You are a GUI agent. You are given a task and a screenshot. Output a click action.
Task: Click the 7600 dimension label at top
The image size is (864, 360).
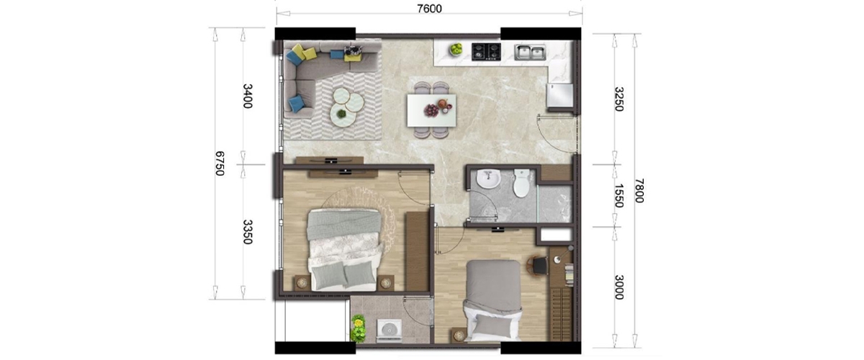coord(429,9)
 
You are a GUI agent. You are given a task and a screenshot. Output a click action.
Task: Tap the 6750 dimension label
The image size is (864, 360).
coord(220,163)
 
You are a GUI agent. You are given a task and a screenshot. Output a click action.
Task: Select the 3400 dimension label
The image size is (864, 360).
coord(248,96)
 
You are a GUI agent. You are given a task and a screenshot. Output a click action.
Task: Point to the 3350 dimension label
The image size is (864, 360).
coord(248,232)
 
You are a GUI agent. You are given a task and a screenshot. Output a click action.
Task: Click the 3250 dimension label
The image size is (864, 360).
coord(618,99)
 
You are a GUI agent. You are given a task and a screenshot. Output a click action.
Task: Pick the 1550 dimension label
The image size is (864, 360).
coord(618,196)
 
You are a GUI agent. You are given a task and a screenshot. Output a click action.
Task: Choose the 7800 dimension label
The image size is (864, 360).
coord(639,191)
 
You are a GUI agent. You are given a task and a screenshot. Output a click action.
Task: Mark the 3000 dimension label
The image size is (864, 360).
coord(618,287)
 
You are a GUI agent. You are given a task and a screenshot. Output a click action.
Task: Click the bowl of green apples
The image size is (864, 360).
coord(456,49)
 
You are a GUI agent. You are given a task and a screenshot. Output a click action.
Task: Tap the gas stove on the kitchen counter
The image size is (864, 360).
coord(487,52)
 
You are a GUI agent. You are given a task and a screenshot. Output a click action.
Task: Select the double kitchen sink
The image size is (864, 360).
coord(530,52)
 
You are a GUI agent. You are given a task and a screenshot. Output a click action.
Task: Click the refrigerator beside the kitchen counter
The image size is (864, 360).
coord(559,95)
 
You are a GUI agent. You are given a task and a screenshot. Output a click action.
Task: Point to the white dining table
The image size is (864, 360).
coord(431,110)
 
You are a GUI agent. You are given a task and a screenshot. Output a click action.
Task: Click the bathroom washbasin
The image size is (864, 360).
coord(488,179)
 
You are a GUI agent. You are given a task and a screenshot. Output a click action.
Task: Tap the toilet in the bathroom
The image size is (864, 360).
coord(521,184)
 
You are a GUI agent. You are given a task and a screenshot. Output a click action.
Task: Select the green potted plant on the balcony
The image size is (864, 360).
coord(359,328)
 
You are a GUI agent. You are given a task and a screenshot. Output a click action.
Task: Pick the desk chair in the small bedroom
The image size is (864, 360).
coord(538,266)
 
